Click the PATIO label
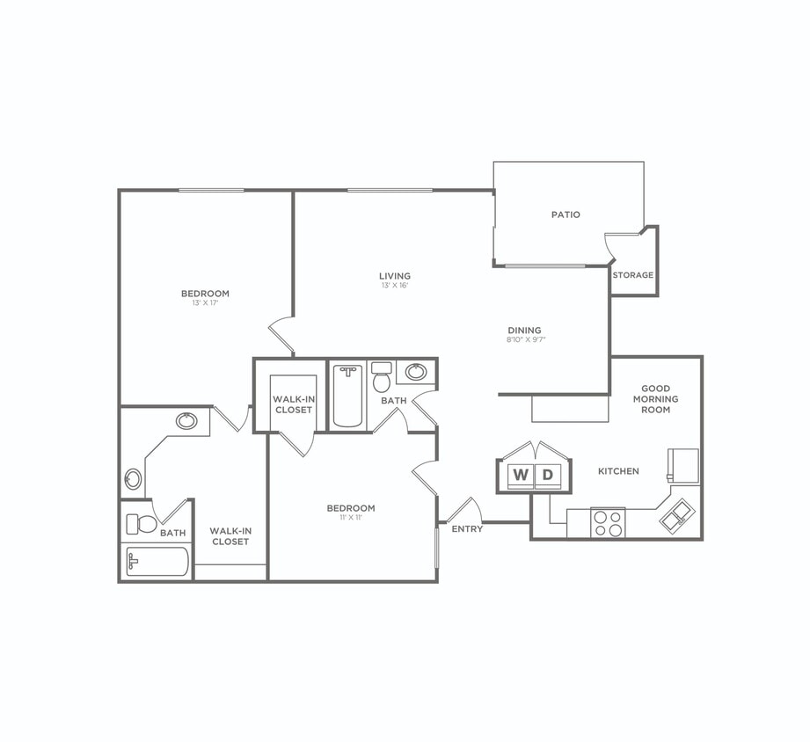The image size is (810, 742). (x=566, y=215)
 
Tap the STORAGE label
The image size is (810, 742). (x=633, y=275)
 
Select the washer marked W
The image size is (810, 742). (x=521, y=476)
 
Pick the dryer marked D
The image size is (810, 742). (x=547, y=476)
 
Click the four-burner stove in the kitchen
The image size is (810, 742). (x=608, y=523)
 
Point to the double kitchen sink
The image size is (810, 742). (x=677, y=516)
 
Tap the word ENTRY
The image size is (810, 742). (x=467, y=529)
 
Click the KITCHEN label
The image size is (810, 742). (x=618, y=472)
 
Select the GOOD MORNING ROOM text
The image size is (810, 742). (x=655, y=399)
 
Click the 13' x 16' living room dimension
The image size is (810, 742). (x=395, y=286)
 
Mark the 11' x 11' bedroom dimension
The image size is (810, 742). (x=351, y=518)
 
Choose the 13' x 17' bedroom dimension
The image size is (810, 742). (x=205, y=303)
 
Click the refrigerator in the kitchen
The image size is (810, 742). (x=683, y=465)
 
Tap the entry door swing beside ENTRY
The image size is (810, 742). (x=463, y=511)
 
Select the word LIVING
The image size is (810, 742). (x=395, y=276)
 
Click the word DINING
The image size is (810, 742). (x=524, y=331)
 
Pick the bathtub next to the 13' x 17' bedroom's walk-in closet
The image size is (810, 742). (x=157, y=562)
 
